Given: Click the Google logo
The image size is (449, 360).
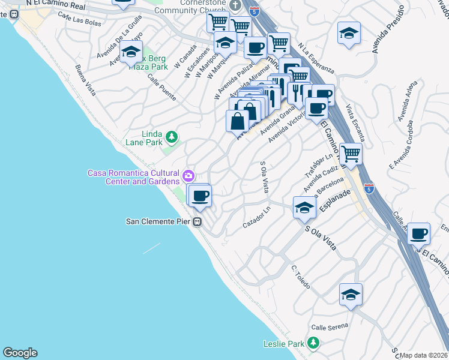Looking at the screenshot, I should click(x=20, y=353).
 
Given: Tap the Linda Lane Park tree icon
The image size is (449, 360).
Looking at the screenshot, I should click(x=172, y=137).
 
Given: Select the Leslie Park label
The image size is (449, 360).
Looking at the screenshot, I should click(x=284, y=344).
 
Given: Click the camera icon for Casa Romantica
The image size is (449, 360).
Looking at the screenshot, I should click(x=189, y=176).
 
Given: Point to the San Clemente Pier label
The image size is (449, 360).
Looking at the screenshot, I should click(x=158, y=221).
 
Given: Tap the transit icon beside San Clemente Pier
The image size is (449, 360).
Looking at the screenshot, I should click(x=197, y=221).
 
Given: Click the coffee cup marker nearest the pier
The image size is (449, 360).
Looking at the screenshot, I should click(x=200, y=195).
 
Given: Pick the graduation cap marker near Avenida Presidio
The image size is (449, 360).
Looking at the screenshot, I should click(x=349, y=34).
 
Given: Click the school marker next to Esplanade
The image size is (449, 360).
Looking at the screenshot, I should click(x=304, y=208).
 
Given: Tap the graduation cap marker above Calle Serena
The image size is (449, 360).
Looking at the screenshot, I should click(x=351, y=295).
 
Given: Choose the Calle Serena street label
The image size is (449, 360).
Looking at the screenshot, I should click(x=330, y=328).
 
